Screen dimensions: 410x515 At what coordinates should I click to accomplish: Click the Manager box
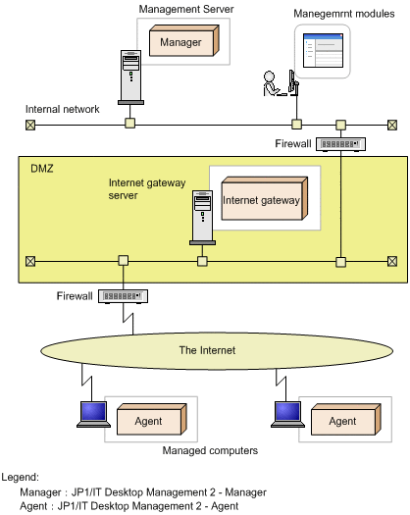[x=184, y=41]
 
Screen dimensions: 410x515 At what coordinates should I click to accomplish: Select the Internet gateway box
[x=265, y=199]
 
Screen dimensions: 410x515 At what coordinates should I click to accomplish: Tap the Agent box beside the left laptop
[x=152, y=420]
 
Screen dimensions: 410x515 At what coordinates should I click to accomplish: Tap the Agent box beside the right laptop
[x=346, y=420]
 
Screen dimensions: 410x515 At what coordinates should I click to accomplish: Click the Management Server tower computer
[x=130, y=77]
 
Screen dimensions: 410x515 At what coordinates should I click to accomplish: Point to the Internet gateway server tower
[x=202, y=218]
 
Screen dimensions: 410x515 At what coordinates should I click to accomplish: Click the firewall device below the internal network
[x=340, y=144]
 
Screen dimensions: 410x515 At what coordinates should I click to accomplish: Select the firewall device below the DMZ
[x=124, y=296]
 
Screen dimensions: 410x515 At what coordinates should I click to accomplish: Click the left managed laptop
[x=93, y=414]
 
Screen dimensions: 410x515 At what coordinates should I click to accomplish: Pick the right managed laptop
[x=287, y=414]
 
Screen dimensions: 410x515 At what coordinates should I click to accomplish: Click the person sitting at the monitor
[x=272, y=83]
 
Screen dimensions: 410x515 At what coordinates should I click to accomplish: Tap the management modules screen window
[x=323, y=50]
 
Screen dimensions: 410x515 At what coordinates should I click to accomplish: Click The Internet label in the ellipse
[x=207, y=350]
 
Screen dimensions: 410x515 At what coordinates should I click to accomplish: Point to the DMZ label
[x=42, y=169]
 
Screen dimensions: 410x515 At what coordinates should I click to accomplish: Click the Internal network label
[x=63, y=109]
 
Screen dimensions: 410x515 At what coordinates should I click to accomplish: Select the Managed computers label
[x=210, y=450]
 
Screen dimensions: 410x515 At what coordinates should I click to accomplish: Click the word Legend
[x=20, y=477]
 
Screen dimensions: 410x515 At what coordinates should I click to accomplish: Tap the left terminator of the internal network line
[x=30, y=125]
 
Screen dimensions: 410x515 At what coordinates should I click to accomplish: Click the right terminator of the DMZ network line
[x=392, y=262]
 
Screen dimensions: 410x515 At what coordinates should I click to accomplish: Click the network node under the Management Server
[x=130, y=124]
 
